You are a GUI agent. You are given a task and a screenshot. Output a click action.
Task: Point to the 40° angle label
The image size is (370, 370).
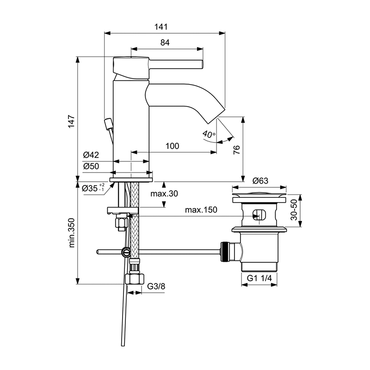click(x=209, y=135)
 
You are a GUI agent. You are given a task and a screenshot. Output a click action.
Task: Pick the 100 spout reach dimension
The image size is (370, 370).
click(x=172, y=146)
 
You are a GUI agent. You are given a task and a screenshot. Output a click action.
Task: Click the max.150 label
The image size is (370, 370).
click(x=201, y=210)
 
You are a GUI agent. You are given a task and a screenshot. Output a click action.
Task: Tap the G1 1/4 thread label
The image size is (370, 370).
click(x=260, y=279)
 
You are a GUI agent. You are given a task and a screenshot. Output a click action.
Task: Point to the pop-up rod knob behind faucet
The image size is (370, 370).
click(x=109, y=123)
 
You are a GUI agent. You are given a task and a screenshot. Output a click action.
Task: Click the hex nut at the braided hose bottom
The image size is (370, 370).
click(x=135, y=279)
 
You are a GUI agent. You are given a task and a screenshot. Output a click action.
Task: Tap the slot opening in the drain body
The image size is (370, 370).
click(x=259, y=215)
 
